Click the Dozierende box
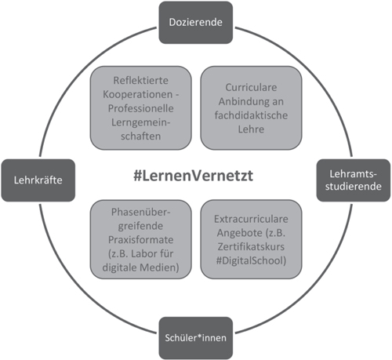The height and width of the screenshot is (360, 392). coord(196,23)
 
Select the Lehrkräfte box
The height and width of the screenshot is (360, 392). coord(38,180)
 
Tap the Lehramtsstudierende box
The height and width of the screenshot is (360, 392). coord(354,180)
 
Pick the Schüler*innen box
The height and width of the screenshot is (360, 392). coord(196,338)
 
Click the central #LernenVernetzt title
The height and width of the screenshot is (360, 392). coord(193,176)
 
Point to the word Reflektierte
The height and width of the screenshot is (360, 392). coord(141,80)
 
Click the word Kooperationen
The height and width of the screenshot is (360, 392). coord(138,94)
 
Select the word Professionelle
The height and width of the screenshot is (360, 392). coord(141,108)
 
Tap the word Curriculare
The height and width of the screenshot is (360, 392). coord(251,87)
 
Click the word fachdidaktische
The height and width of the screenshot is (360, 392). coord(251,115)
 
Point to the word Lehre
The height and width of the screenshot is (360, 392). coord(251,129)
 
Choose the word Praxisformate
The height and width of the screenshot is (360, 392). coord(141,240)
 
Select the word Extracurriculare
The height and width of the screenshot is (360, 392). coord(251,219)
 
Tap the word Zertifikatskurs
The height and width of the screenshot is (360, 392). coord(251,247)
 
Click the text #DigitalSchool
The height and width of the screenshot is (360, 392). coord(251,260)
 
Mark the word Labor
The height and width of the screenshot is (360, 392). coord(141,253)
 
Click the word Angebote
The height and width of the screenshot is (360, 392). coord(240,233)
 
